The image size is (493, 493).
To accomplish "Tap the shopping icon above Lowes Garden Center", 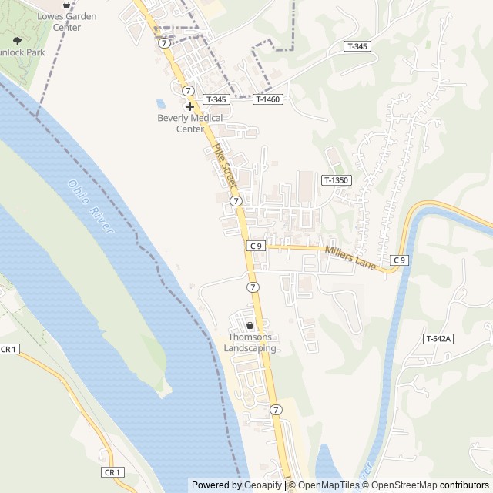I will [x=66, y=5].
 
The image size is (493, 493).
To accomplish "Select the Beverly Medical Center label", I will [x=189, y=123].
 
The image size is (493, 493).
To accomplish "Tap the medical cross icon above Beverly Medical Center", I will [x=189, y=106].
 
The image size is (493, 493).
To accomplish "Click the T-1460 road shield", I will [x=268, y=99].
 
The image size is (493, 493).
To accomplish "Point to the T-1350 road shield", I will [x=337, y=180].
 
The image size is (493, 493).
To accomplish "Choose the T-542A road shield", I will [x=438, y=339].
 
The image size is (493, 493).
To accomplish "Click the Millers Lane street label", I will [x=350, y=257].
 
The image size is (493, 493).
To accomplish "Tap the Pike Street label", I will [x=223, y=164].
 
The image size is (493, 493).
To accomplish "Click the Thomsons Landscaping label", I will [x=250, y=343].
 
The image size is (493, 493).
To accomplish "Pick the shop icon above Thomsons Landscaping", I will [x=250, y=325].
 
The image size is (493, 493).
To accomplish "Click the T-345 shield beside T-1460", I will [x=216, y=99].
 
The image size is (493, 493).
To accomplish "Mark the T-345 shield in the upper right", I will [x=358, y=46].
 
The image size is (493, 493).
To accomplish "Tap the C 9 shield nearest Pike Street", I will [x=257, y=246].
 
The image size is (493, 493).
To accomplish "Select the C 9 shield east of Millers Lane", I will [x=398, y=260].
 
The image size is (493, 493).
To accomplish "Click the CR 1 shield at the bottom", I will [x=112, y=472].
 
